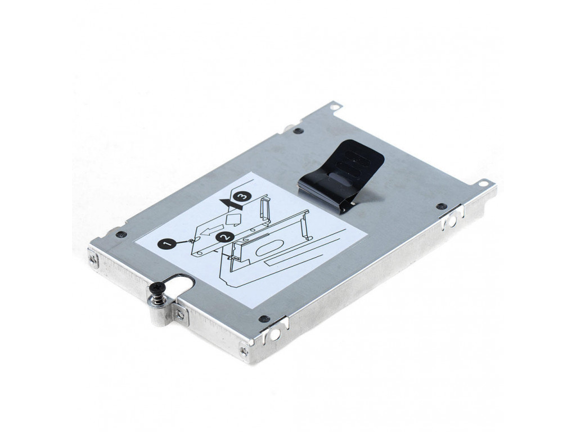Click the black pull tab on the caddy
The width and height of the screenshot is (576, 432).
coord(341,173)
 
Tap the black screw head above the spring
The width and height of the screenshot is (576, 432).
coord(159,286)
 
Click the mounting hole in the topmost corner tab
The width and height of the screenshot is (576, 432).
coord(334,107)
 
